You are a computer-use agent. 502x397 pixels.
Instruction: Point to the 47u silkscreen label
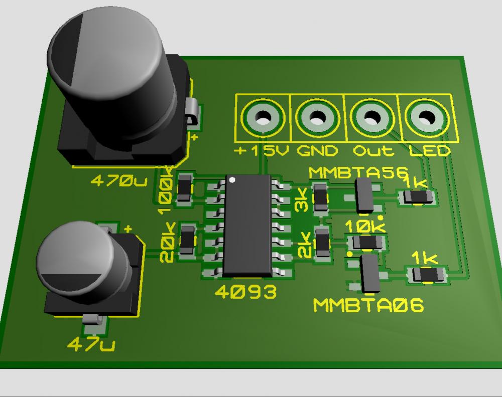[x=91, y=344]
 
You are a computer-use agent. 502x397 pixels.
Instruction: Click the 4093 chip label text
[x=245, y=292]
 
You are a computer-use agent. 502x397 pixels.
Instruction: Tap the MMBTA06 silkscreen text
[x=368, y=305]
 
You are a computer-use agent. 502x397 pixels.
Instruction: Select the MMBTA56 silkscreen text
[x=358, y=172]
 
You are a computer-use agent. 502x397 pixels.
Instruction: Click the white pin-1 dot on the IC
[x=232, y=180]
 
